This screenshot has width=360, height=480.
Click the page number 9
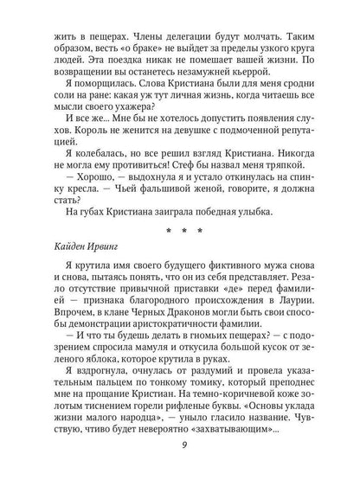pyautogui.click(x=179, y=447)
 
